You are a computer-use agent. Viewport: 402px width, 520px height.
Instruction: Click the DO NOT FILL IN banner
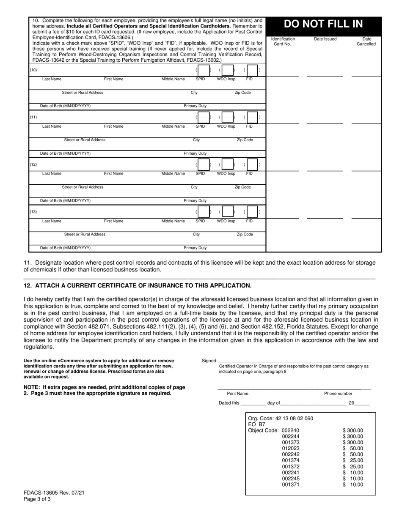324,24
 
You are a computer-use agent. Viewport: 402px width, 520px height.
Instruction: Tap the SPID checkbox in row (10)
203,70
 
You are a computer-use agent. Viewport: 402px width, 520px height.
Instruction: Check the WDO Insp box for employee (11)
227,117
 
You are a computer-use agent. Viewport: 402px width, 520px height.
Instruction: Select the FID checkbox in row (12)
252,164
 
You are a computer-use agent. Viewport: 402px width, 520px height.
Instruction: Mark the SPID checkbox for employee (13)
203,212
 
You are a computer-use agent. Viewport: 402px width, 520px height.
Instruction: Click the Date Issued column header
325,39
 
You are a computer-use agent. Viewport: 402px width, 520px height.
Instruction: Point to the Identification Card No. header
283,41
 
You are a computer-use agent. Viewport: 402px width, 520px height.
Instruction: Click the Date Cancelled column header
366,41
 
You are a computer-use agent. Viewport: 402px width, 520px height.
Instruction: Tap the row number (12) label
33,164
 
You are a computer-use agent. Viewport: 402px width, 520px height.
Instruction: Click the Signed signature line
294,360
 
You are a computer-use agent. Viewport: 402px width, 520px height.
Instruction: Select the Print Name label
237,394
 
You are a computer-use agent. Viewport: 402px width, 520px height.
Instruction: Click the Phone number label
338,394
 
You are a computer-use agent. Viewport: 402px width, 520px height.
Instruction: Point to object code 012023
291,449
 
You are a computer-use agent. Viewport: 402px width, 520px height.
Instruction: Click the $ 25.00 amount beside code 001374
353,460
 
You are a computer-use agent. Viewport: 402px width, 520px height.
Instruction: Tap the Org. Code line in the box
281,419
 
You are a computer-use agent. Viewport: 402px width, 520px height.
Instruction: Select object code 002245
291,479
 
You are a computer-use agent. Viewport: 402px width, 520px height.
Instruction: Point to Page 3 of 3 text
37,499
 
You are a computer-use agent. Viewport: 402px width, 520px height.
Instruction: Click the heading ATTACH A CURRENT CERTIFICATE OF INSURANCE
138,286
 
